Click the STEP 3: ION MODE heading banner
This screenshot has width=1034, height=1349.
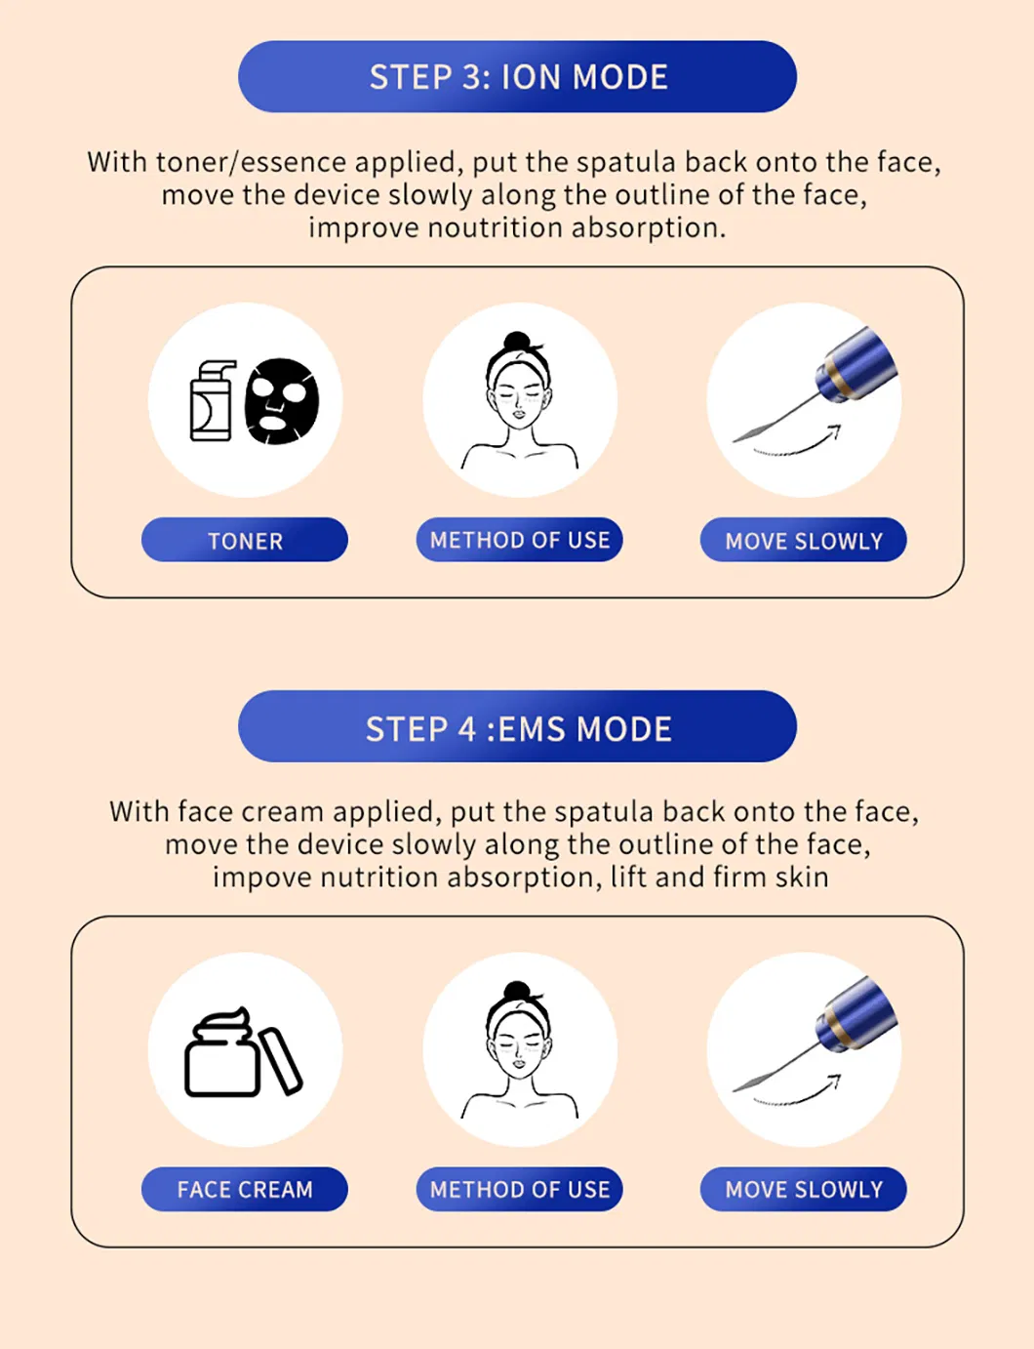click(517, 77)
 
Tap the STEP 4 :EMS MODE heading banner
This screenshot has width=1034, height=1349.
click(517, 727)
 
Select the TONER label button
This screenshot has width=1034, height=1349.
click(245, 540)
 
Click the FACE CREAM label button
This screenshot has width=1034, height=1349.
click(245, 1189)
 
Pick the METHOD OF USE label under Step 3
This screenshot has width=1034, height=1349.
click(519, 540)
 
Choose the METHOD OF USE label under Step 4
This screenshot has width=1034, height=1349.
click(519, 1189)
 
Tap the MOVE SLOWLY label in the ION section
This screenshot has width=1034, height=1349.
click(803, 540)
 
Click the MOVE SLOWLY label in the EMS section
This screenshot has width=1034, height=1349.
click(803, 1189)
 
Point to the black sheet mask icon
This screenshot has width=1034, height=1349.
click(282, 401)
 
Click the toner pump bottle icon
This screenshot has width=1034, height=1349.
click(212, 402)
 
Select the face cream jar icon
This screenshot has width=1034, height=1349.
click(221, 1056)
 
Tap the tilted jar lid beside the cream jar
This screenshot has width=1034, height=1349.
click(281, 1060)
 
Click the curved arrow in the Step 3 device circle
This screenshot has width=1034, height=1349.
click(800, 445)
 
